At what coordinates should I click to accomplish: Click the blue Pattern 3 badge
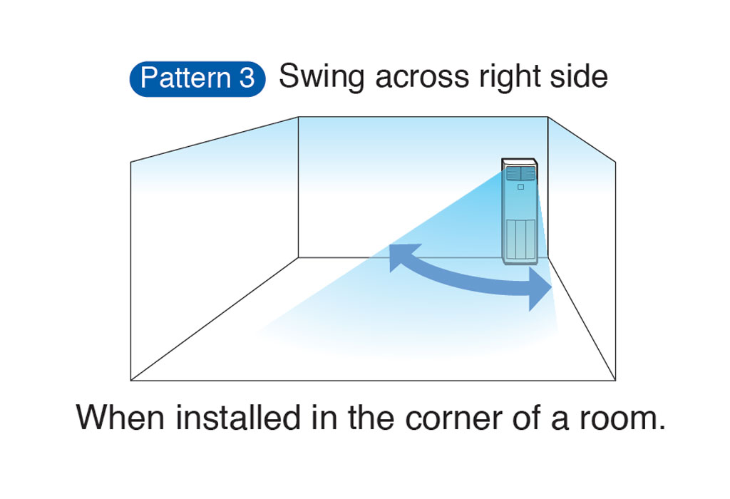click(197, 78)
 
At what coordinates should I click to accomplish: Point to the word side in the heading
click(577, 77)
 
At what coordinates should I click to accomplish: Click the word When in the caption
click(121, 418)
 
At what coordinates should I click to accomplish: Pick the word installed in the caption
click(239, 418)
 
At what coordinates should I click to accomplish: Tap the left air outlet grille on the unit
click(513, 173)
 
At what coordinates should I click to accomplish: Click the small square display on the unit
click(520, 187)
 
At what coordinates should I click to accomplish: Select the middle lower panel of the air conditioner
click(520, 238)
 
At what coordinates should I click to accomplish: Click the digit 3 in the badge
click(247, 78)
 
